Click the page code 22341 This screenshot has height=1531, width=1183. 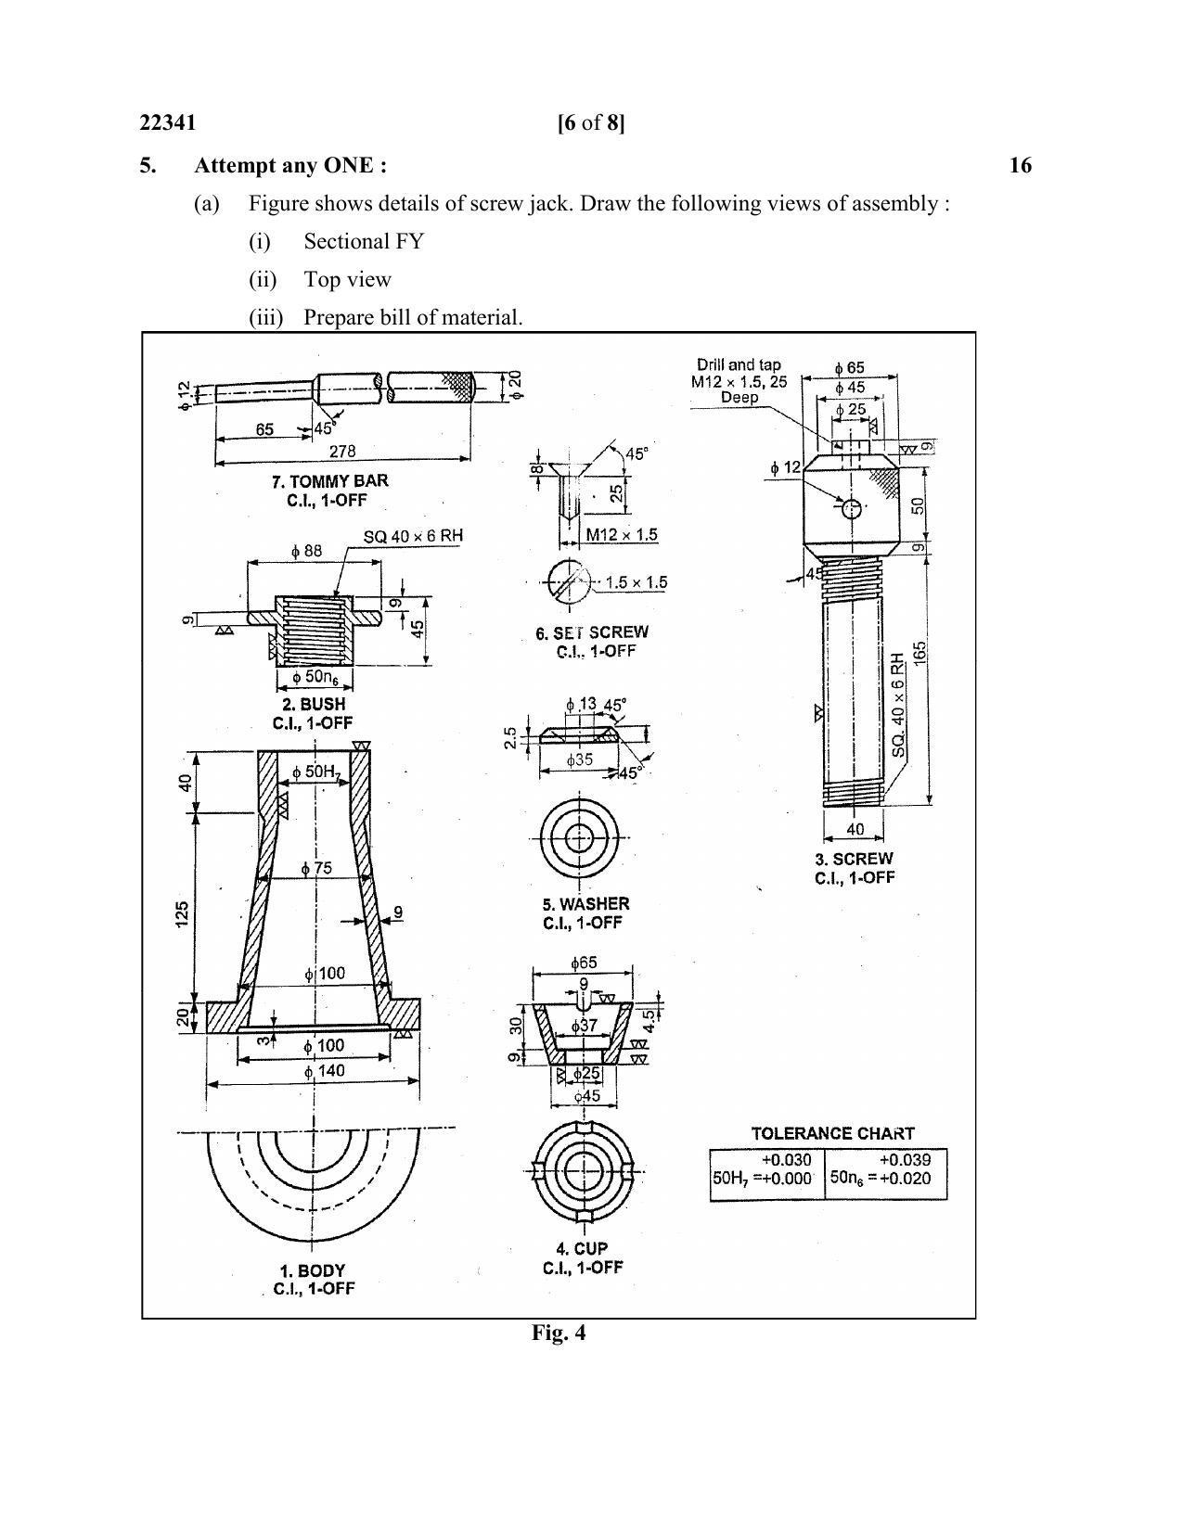[x=167, y=123]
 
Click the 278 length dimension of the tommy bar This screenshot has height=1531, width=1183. [x=341, y=452]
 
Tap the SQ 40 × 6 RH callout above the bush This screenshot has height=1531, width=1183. [x=413, y=536]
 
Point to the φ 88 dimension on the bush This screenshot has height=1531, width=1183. [x=306, y=551]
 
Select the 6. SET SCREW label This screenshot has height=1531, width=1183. [x=592, y=632]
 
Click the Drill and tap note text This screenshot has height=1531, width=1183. [x=739, y=365]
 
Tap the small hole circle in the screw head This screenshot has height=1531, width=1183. [x=852, y=507]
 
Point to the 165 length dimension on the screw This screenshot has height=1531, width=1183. [x=919, y=652]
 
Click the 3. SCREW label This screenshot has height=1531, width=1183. [x=854, y=859]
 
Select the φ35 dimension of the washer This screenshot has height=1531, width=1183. [x=580, y=759]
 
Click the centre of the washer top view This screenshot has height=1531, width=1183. [x=580, y=837]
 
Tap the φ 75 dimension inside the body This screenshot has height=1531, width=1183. [x=316, y=869]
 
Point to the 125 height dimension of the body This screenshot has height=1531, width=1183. [x=183, y=912]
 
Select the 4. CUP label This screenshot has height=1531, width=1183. [x=583, y=1248]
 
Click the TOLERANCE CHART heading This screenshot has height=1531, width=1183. [x=832, y=1133]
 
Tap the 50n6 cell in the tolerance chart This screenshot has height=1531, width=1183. [x=885, y=1171]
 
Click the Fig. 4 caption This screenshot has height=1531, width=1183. [x=558, y=1333]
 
